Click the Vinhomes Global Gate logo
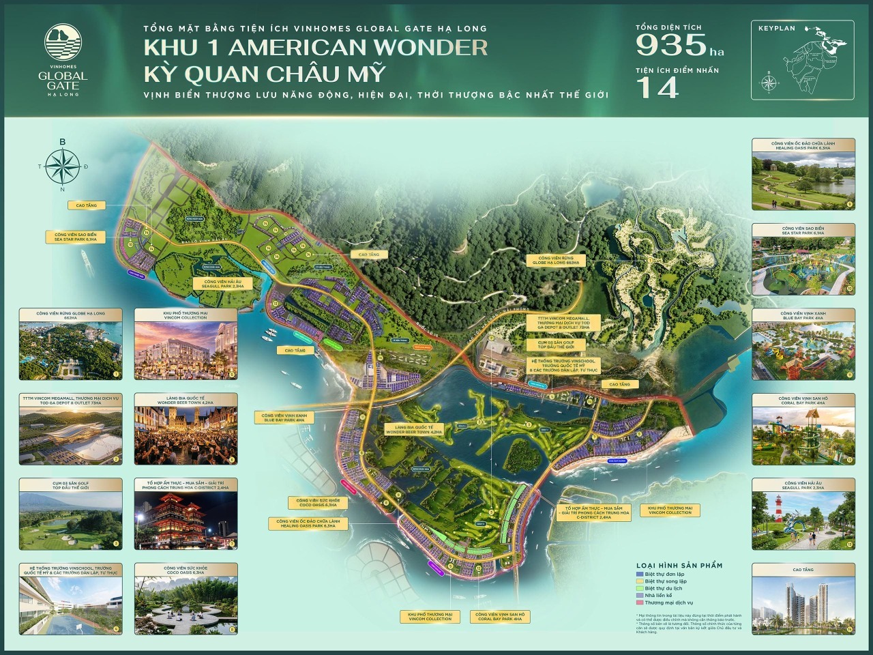click(x=63, y=61)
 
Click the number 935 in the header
click(x=671, y=46)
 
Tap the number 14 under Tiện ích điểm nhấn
click(x=657, y=87)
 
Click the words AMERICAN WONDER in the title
click(x=354, y=47)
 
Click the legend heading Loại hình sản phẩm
click(x=679, y=565)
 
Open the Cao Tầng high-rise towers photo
click(x=803, y=601)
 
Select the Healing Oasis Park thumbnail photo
click(x=803, y=179)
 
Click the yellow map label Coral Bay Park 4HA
click(x=500, y=616)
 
